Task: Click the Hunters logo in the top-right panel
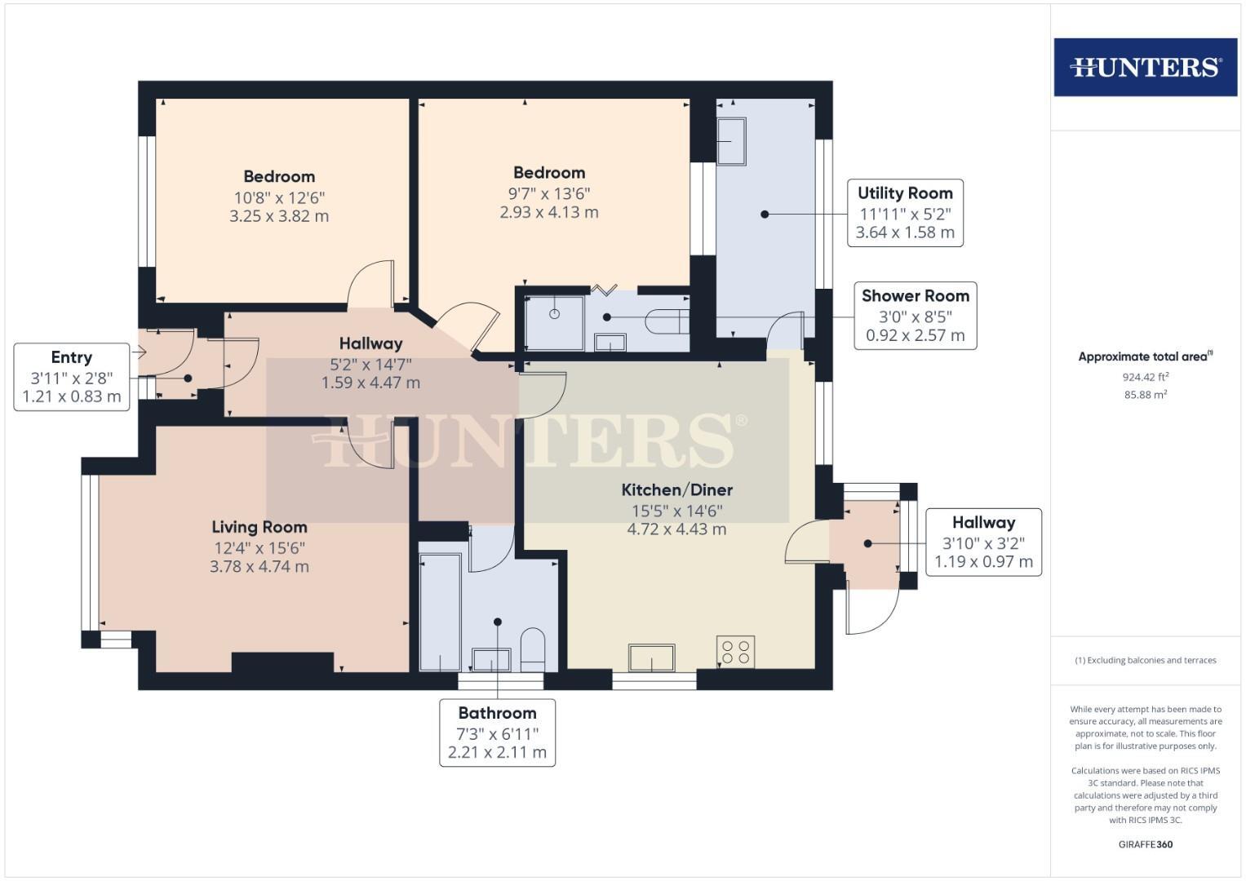click(1145, 67)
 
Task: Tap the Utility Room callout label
click(905, 213)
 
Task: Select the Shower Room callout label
click(915, 316)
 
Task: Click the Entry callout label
click(72, 377)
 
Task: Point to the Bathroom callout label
click(497, 733)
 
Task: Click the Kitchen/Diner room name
click(676, 490)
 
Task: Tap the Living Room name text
click(259, 528)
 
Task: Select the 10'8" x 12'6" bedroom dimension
click(279, 197)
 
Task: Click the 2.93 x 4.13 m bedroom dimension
click(549, 212)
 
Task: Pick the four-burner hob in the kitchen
click(735, 652)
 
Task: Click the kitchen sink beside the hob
click(651, 657)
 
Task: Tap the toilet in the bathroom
click(532, 648)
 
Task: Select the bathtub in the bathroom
click(440, 612)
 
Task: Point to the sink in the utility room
click(731, 142)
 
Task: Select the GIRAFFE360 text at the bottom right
click(1145, 844)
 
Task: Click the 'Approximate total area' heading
click(1145, 356)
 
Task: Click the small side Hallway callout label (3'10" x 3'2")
click(983, 542)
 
